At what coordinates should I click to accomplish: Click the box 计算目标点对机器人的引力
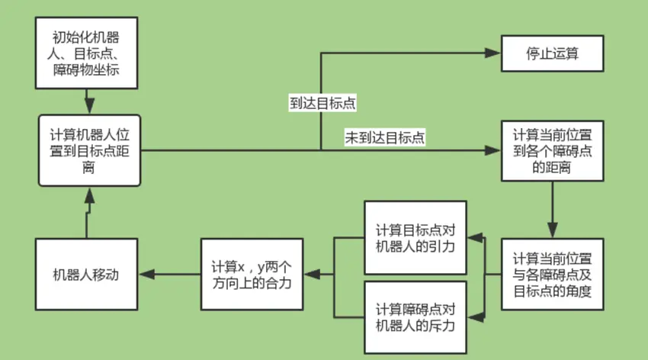coord(415,238)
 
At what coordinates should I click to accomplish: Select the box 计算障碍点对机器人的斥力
coord(415,317)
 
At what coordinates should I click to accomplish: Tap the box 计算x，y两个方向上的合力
coord(252,274)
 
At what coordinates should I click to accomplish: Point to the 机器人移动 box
coord(86,275)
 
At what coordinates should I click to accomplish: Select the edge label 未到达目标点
coord(385,138)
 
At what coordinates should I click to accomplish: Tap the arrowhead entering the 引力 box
coord(473,238)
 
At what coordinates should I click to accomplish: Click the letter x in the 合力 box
coord(242,267)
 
